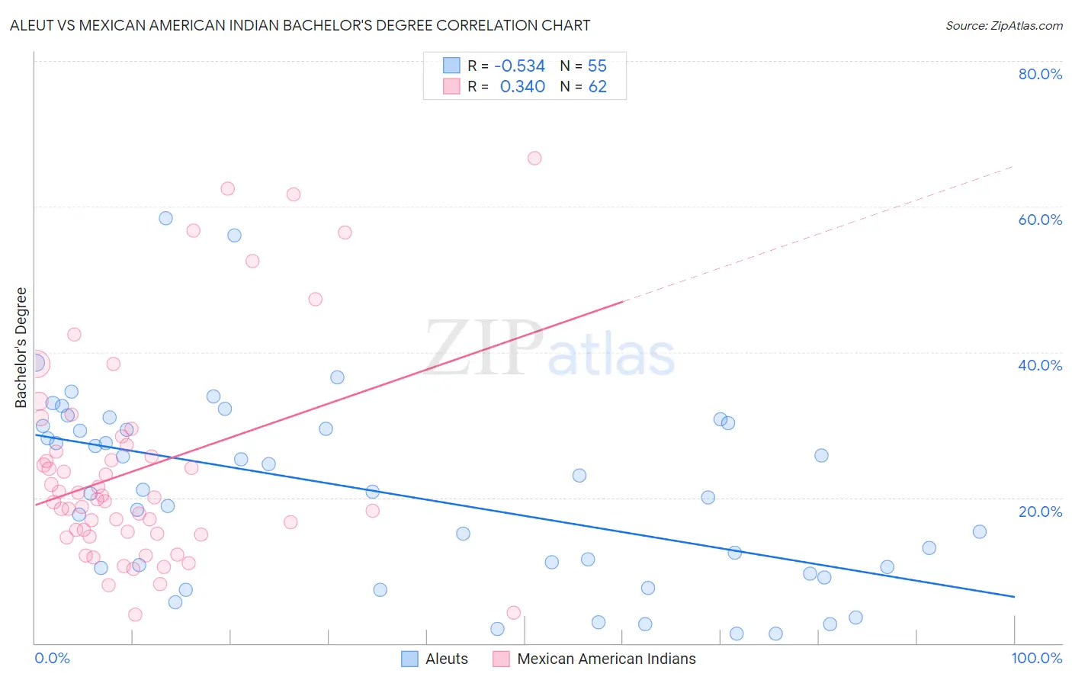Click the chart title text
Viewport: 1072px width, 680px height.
300,25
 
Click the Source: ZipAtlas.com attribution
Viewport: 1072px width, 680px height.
1003,25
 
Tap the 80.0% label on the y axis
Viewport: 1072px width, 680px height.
1040,74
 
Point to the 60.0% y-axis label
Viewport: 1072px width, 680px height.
1040,220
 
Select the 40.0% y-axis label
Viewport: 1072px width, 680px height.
1040,365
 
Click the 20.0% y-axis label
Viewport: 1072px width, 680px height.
1040,511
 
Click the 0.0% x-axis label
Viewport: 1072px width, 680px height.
52,658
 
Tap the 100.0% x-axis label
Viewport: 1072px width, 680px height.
1036,658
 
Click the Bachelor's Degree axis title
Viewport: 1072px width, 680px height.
21,347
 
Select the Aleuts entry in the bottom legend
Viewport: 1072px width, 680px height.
446,659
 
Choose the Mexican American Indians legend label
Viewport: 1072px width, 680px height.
606,659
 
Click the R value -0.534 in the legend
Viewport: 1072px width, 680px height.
520,66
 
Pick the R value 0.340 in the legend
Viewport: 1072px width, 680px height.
522,87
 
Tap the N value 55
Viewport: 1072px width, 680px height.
597,66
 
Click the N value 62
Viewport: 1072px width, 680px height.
597,87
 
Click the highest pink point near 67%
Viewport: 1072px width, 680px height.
534,159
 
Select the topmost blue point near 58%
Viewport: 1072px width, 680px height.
165,218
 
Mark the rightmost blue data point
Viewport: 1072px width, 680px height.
980,532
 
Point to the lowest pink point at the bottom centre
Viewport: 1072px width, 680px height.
514,613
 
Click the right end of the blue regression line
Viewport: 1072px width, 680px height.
1014,596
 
